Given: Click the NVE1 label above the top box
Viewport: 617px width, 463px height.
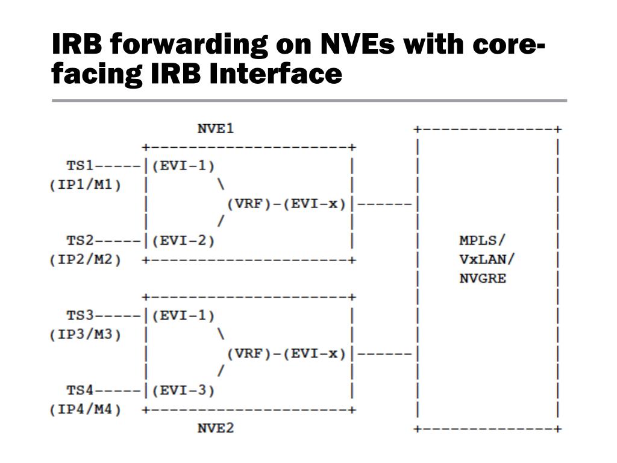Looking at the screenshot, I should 215,128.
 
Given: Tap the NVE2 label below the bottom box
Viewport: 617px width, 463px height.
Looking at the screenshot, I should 215,429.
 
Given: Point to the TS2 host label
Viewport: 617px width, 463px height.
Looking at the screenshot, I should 80,241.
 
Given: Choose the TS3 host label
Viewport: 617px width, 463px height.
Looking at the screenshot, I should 80,315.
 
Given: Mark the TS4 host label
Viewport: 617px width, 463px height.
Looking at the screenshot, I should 80,391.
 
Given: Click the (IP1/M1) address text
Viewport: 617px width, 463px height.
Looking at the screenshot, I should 85,184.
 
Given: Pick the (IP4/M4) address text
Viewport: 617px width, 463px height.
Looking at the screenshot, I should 85,410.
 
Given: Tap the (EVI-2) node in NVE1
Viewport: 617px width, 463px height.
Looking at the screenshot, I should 183,241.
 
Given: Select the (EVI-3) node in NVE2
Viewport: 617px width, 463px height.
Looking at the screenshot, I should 183,391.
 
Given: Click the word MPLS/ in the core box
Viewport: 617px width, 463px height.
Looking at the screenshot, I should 483,241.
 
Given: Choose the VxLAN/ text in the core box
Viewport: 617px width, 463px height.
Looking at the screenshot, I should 487,259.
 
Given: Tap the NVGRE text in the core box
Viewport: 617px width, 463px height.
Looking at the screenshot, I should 483,278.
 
